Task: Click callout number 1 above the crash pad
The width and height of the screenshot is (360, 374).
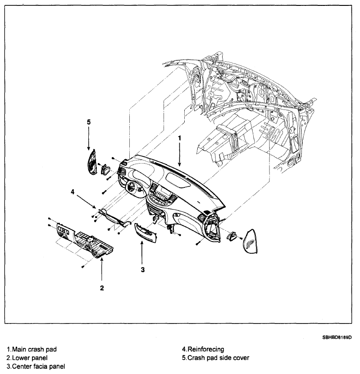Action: tap(179, 138)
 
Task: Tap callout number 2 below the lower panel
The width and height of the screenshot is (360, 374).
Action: tap(102, 287)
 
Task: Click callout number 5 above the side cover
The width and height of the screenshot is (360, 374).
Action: tap(89, 121)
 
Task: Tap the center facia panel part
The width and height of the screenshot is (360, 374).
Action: tap(145, 231)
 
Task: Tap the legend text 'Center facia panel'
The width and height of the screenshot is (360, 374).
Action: tap(36, 366)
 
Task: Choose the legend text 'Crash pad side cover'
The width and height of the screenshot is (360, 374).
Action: tap(216, 358)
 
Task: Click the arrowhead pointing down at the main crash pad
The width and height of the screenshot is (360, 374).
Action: tap(179, 166)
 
